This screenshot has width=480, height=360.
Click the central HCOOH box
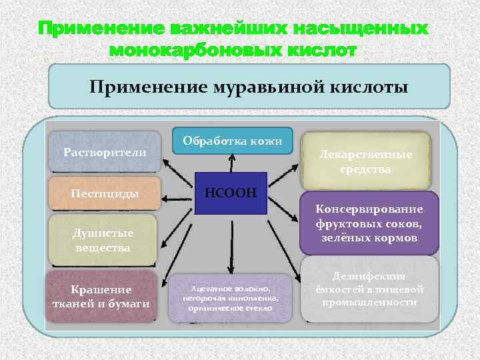tap(231, 193)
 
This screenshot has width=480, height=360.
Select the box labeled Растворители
tap(105, 152)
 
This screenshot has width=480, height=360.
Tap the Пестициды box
tap(105, 193)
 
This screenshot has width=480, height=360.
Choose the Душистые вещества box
tap(103, 240)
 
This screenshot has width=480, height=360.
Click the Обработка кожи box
tap(233, 141)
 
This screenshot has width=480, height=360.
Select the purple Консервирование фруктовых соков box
tap(369, 223)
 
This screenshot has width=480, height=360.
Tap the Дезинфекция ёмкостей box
tap(369, 289)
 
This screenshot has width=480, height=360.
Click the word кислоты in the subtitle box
tap(365, 87)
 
